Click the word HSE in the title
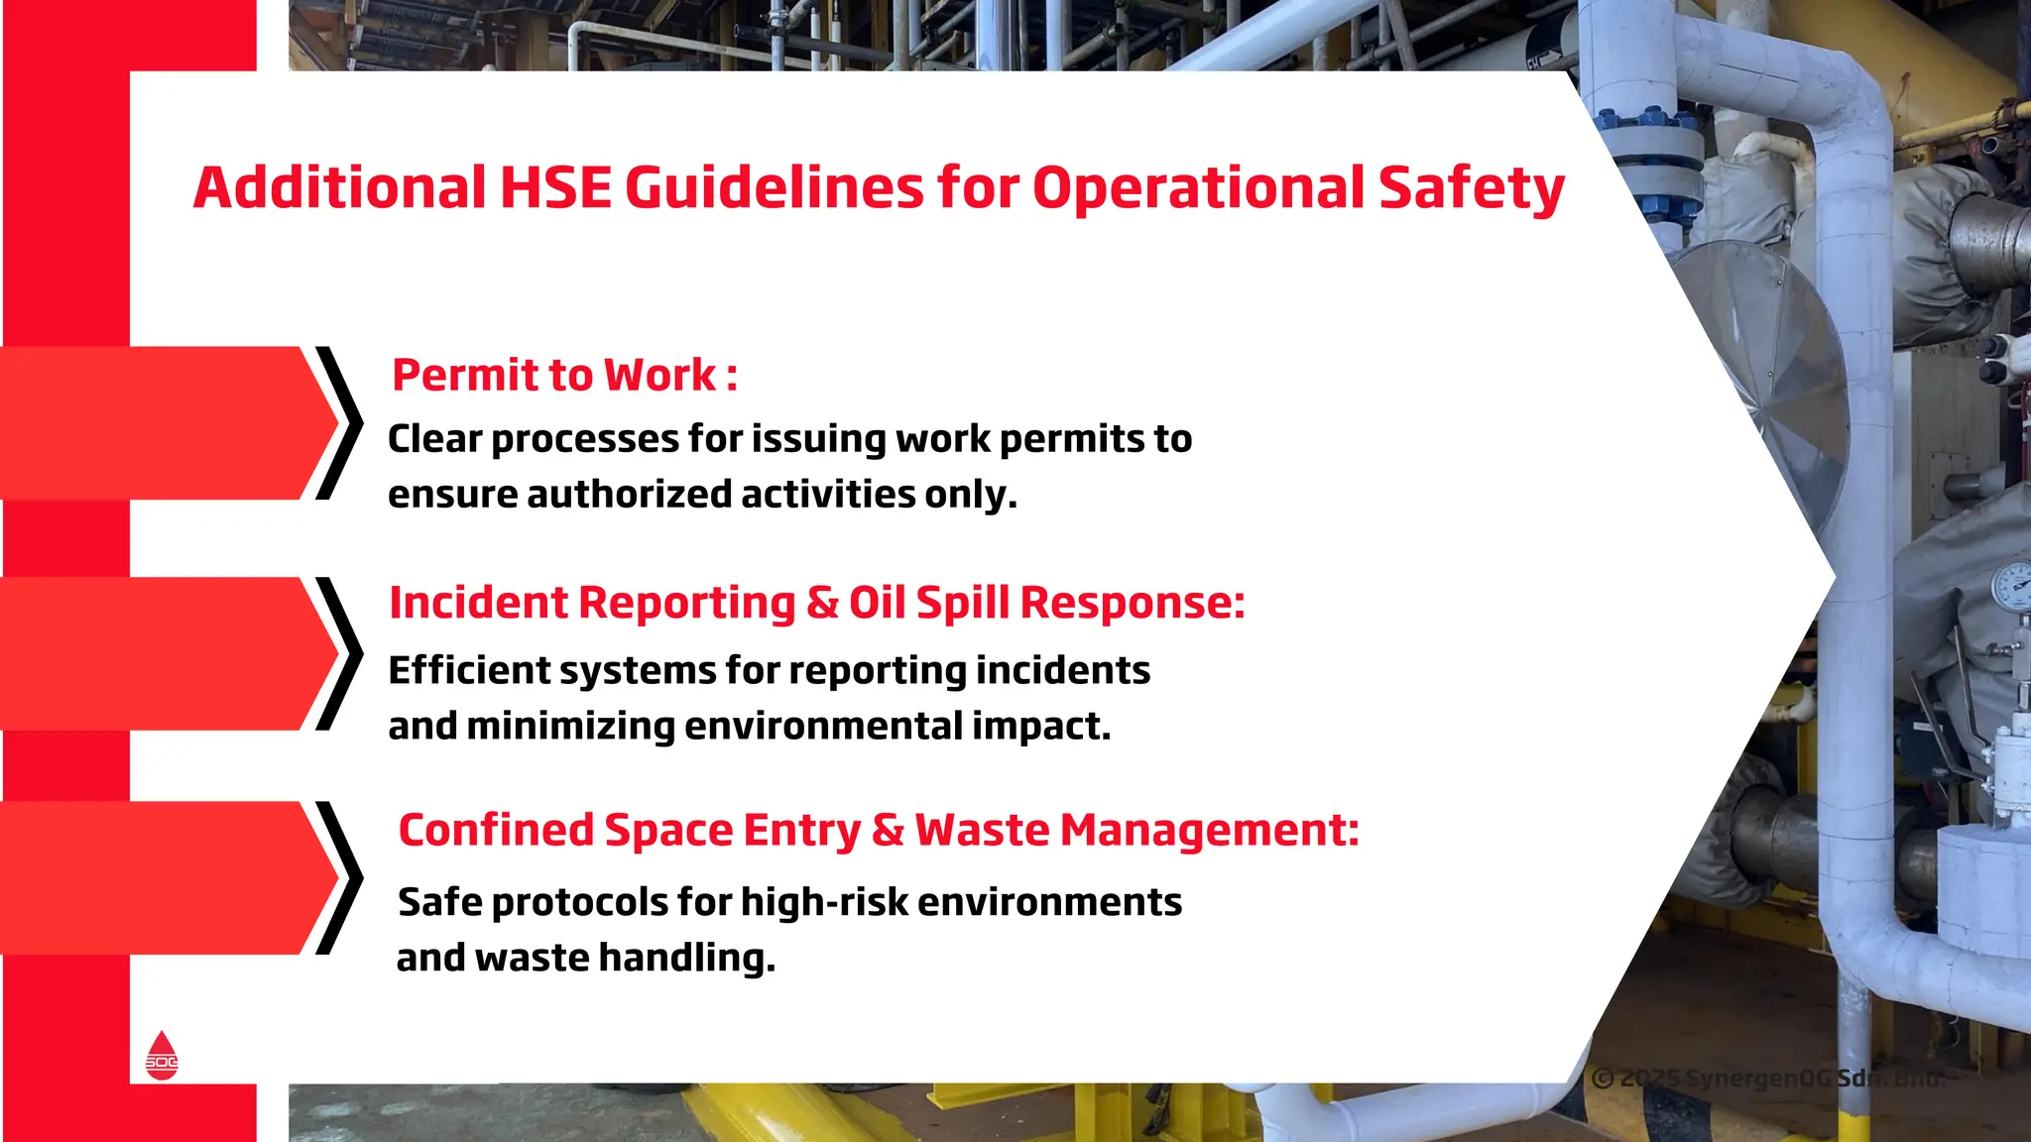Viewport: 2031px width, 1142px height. click(x=555, y=188)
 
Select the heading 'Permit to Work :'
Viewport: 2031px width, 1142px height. click(x=564, y=376)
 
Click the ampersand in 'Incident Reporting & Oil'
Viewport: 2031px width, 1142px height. click(x=822, y=603)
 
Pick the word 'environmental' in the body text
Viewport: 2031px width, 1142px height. click(x=822, y=727)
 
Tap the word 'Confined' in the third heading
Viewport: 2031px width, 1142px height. click(x=496, y=831)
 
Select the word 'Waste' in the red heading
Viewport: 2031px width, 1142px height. click(x=982, y=831)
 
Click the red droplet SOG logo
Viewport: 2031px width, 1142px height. click(x=162, y=1055)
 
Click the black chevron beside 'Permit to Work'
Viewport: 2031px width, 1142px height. click(x=340, y=423)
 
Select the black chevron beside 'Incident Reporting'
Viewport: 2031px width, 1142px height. click(x=340, y=654)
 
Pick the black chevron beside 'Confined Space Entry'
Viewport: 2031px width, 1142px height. click(x=340, y=878)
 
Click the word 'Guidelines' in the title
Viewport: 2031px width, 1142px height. click(x=774, y=188)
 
